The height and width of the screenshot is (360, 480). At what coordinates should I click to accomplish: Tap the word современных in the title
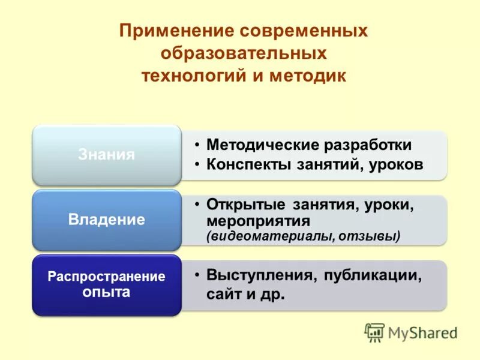tap(304, 31)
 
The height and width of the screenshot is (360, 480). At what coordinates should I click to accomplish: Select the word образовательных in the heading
tap(243, 54)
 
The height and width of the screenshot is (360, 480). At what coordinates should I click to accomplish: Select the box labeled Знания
tap(106, 155)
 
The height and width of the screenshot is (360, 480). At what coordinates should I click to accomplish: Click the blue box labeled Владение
tap(106, 220)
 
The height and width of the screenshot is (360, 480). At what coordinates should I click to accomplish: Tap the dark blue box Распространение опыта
tap(106, 285)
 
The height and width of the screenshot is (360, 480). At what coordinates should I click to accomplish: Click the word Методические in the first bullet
tap(263, 145)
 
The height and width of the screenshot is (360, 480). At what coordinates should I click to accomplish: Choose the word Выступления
tap(259, 275)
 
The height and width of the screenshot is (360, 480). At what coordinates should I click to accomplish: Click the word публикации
tap(373, 275)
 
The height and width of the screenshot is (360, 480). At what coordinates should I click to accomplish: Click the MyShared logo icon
tap(374, 332)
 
